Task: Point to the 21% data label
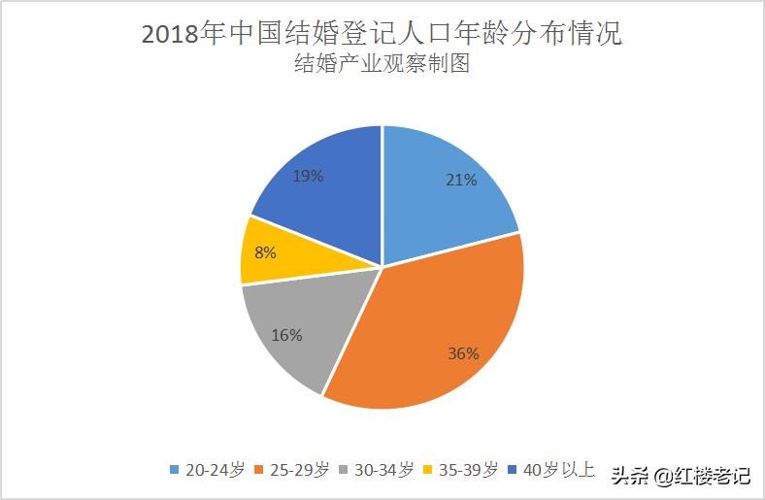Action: (x=461, y=180)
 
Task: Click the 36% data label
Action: (x=463, y=353)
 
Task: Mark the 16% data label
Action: (x=287, y=335)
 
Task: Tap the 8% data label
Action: (x=265, y=252)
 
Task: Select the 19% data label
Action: (x=308, y=177)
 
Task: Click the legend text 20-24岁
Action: (x=214, y=470)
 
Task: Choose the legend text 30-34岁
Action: (x=385, y=470)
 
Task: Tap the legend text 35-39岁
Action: (x=471, y=470)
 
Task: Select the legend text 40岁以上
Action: (x=558, y=470)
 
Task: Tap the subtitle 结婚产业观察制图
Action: (x=382, y=66)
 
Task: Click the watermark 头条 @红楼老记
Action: (x=680, y=476)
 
